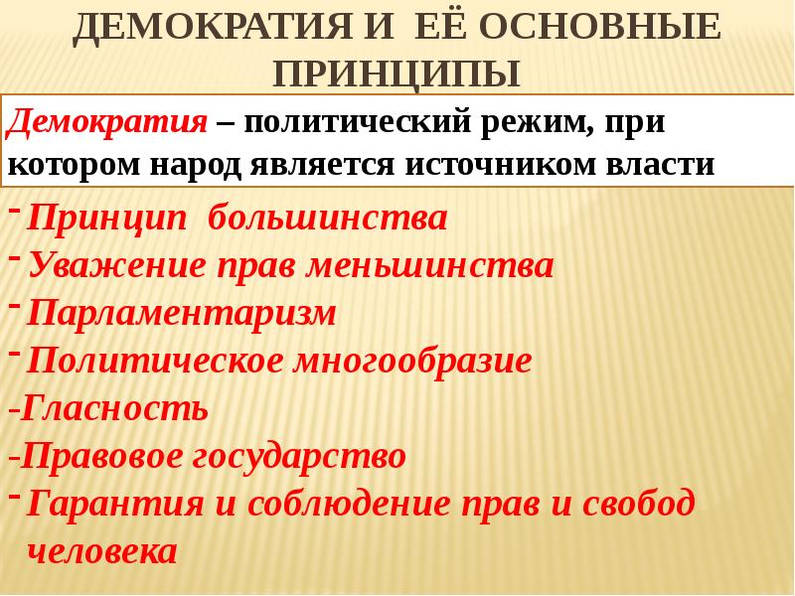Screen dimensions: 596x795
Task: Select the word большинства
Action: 329,219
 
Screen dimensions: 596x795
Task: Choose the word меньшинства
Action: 431,265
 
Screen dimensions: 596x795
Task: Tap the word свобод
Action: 638,504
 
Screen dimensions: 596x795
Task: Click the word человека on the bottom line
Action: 102,551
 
